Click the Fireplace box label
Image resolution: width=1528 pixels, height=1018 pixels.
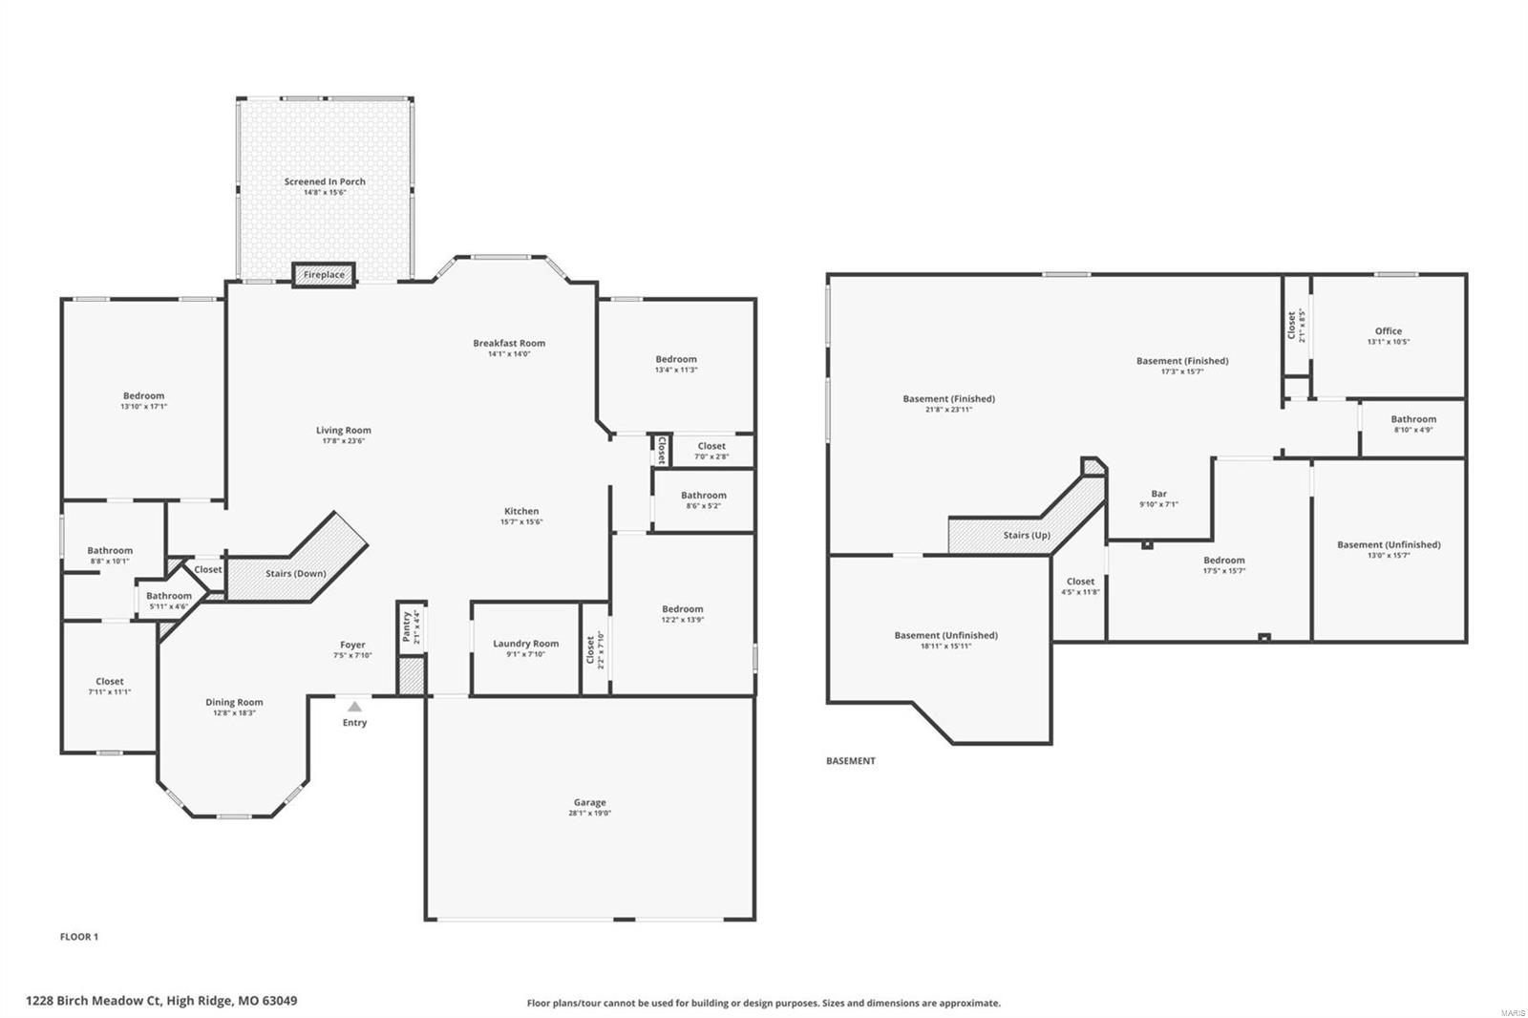[x=324, y=275]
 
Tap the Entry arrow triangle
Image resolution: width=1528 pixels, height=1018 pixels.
[x=354, y=707]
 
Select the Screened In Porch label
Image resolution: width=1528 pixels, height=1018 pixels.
[x=325, y=181]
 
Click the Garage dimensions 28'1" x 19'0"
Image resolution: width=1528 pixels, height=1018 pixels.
[x=589, y=814]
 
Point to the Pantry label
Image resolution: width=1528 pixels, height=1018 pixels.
[x=406, y=626]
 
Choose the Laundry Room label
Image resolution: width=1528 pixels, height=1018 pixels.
[x=525, y=644]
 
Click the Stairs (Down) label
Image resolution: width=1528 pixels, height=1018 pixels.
[x=295, y=574]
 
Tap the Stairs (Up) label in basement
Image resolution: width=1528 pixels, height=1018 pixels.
[x=1027, y=536]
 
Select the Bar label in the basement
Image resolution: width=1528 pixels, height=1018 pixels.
[x=1158, y=494]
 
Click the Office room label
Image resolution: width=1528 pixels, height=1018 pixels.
[x=1388, y=331]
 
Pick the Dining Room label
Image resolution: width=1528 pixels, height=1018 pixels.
[x=234, y=702]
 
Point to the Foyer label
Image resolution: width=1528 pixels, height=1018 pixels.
[x=352, y=645]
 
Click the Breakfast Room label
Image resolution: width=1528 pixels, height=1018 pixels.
[x=509, y=343]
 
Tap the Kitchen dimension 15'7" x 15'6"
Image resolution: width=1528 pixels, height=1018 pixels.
[x=521, y=522]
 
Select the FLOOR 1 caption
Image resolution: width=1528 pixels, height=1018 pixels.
[x=79, y=937]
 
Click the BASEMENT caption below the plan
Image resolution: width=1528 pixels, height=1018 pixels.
[x=850, y=761]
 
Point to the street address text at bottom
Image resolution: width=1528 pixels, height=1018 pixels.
[x=161, y=1001]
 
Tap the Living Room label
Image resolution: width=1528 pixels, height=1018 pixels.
[x=343, y=431]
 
